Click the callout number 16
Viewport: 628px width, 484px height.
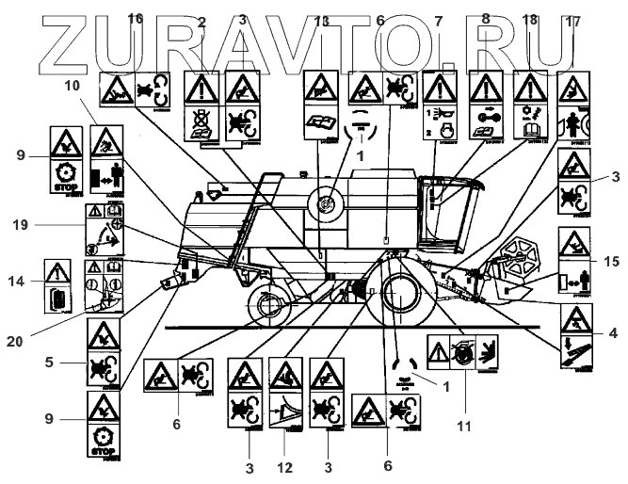point(135,18)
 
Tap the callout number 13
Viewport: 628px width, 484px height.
point(322,21)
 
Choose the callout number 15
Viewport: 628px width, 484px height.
point(612,260)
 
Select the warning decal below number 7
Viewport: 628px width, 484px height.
point(439,107)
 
